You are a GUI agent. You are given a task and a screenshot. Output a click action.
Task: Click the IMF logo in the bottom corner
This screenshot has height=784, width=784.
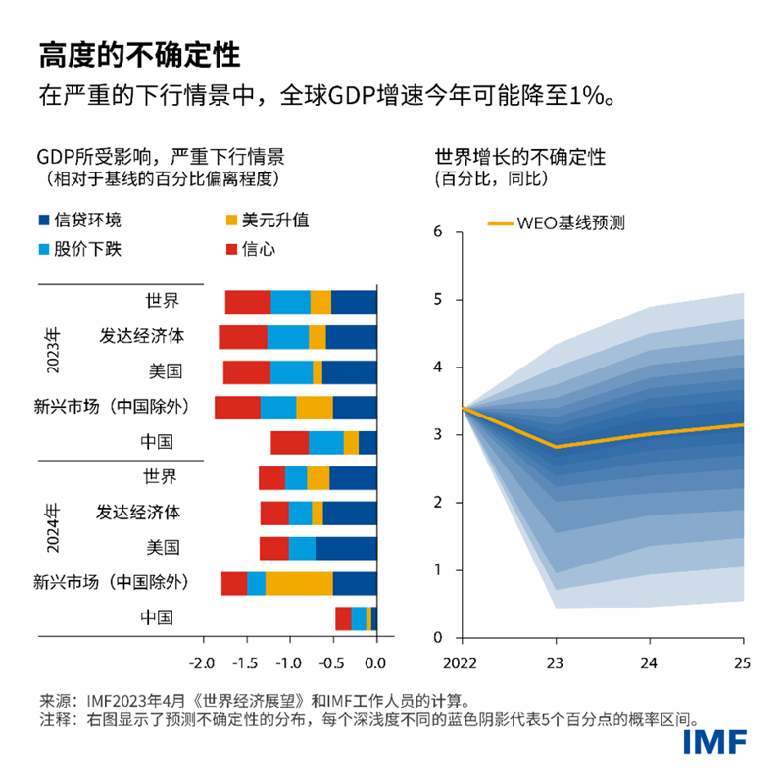pyautogui.click(x=716, y=740)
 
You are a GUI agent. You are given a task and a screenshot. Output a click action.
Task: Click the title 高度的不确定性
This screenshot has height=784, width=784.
pyautogui.click(x=138, y=54)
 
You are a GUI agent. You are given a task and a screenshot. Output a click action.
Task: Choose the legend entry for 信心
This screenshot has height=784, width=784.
pyautogui.click(x=258, y=249)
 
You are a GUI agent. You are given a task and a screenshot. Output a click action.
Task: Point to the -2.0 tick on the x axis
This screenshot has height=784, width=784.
pyautogui.click(x=202, y=663)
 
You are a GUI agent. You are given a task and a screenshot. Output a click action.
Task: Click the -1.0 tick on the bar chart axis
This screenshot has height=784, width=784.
pyautogui.click(x=289, y=663)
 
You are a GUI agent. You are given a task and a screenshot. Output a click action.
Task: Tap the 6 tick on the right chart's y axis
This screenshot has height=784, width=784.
pyautogui.click(x=440, y=231)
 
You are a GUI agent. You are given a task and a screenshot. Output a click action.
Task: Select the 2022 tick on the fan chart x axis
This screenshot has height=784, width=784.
pyautogui.click(x=463, y=663)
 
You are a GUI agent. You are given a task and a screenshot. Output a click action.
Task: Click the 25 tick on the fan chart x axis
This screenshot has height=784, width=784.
pyautogui.click(x=742, y=663)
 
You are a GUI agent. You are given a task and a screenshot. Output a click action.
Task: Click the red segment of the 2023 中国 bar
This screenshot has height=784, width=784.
pyautogui.click(x=290, y=443)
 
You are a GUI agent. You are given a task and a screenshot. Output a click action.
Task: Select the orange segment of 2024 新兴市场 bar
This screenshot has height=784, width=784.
pyautogui.click(x=299, y=583)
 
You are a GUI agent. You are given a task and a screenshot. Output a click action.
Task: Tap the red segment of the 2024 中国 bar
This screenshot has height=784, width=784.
pyautogui.click(x=343, y=618)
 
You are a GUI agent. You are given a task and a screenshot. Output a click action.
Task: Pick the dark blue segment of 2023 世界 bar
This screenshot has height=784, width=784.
pyautogui.click(x=354, y=302)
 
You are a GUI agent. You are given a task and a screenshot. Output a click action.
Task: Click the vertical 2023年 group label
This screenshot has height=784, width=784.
pyautogui.click(x=54, y=354)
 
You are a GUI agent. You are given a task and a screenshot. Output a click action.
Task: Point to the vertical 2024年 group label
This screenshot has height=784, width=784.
pyautogui.click(x=54, y=530)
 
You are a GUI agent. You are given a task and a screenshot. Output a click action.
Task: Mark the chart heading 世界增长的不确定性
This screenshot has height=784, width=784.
pyautogui.click(x=519, y=157)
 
